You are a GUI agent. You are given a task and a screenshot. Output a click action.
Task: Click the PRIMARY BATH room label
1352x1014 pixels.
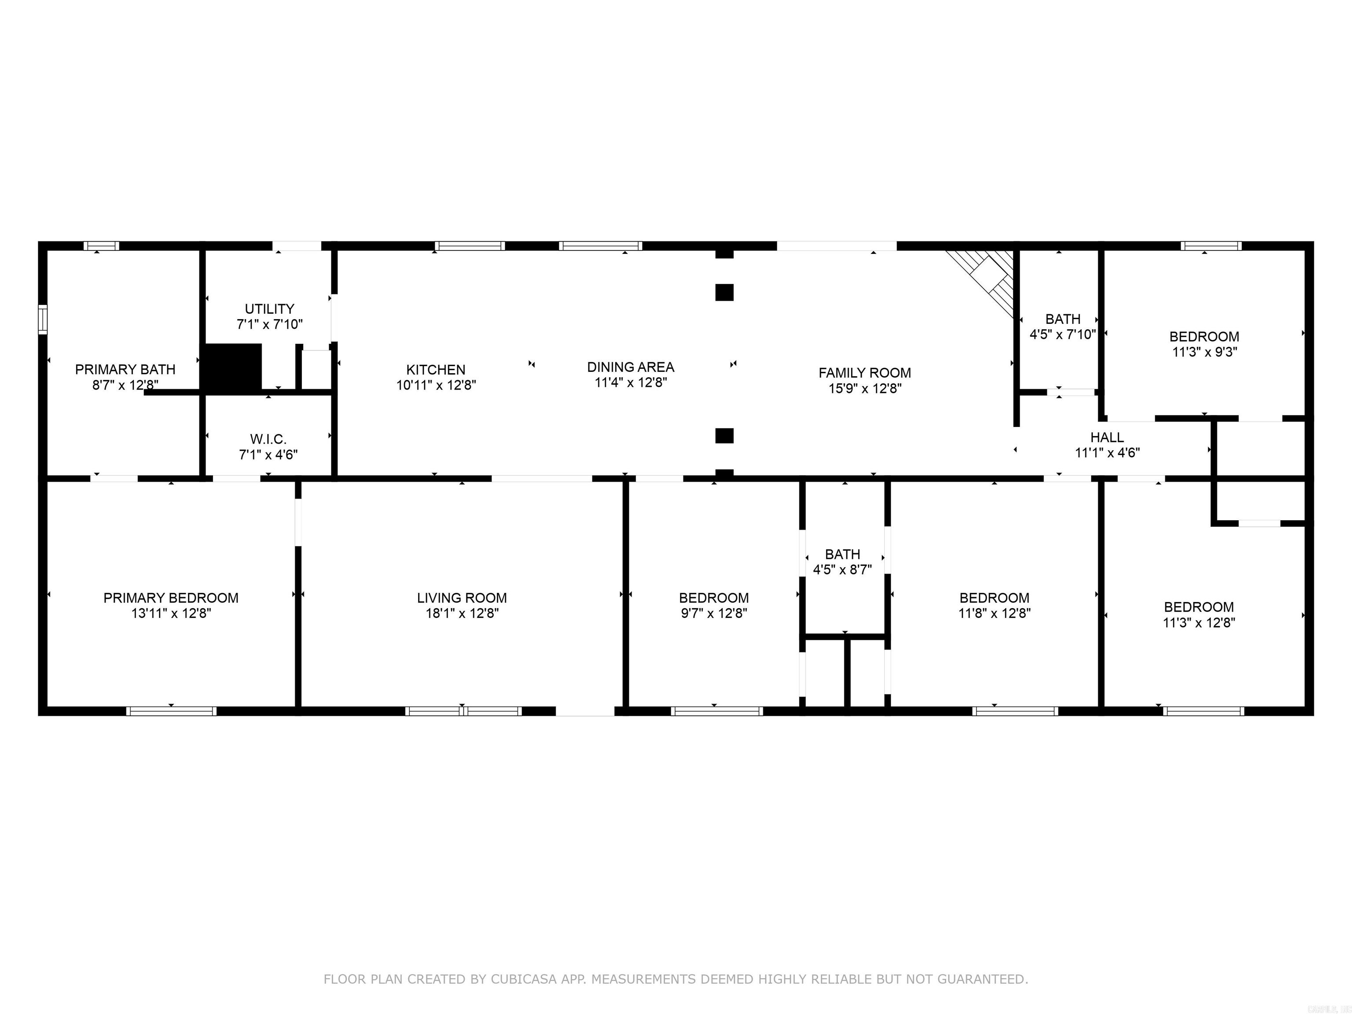point(125,369)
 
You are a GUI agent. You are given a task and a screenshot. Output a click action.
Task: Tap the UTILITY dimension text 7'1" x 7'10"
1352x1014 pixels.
point(269,324)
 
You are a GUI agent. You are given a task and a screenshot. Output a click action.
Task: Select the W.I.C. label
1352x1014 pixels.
point(268,439)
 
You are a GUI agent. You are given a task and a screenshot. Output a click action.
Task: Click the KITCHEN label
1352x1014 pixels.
point(436,370)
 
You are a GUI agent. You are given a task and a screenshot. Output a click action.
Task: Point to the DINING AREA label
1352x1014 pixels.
point(630,367)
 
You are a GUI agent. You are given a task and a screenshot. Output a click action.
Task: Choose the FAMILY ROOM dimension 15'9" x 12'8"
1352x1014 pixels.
point(864,389)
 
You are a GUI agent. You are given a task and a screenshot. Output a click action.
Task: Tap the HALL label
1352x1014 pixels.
point(1106,437)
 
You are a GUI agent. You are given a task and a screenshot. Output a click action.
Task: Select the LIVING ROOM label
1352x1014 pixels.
point(462,598)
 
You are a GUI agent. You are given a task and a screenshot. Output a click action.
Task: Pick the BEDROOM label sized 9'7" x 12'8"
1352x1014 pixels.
point(713,598)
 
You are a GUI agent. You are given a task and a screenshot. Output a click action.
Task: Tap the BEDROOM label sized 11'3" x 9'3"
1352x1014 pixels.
point(1204,337)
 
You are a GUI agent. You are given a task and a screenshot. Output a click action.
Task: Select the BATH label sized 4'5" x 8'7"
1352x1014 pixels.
point(842,555)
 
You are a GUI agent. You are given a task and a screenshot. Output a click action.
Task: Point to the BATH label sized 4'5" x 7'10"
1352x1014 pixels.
point(1062,319)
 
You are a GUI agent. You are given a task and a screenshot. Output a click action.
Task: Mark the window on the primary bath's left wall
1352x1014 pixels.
point(42,319)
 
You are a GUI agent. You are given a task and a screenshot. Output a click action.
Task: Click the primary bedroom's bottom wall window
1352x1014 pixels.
point(171,711)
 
